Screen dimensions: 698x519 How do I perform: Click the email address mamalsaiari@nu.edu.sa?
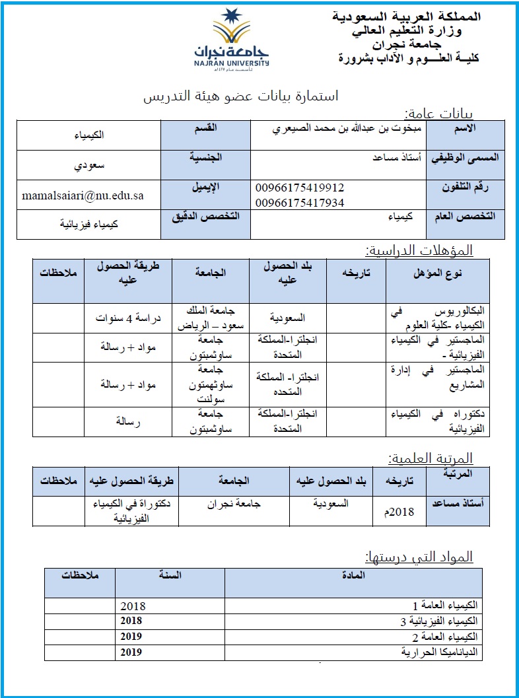pos(83,195)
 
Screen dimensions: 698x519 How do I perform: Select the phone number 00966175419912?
pos(300,188)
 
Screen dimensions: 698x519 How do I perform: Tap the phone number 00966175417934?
pos(300,203)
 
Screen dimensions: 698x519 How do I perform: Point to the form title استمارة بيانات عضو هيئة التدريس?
pos(241,97)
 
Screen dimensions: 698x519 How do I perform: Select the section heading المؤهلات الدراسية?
pos(419,250)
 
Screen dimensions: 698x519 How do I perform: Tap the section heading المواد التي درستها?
pos(419,557)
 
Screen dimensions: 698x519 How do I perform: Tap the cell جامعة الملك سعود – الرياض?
pos(207,318)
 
